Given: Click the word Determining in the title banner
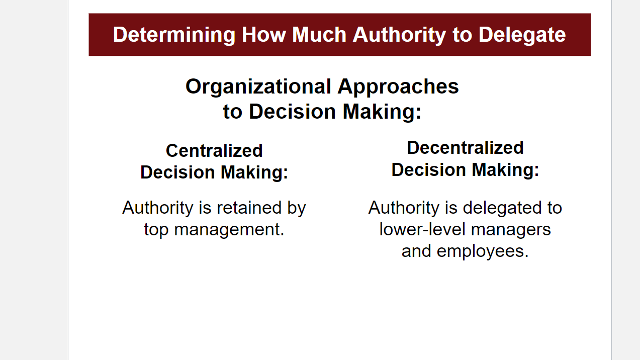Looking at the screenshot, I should pos(174,35).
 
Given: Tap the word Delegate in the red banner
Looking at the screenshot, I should pos(522,35).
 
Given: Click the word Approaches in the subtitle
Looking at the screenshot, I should pos(398,86).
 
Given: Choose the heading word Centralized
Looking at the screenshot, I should pos(214,150).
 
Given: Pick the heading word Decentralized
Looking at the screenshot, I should pos(465,147).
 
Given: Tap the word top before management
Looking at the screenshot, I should pos(156,229).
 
